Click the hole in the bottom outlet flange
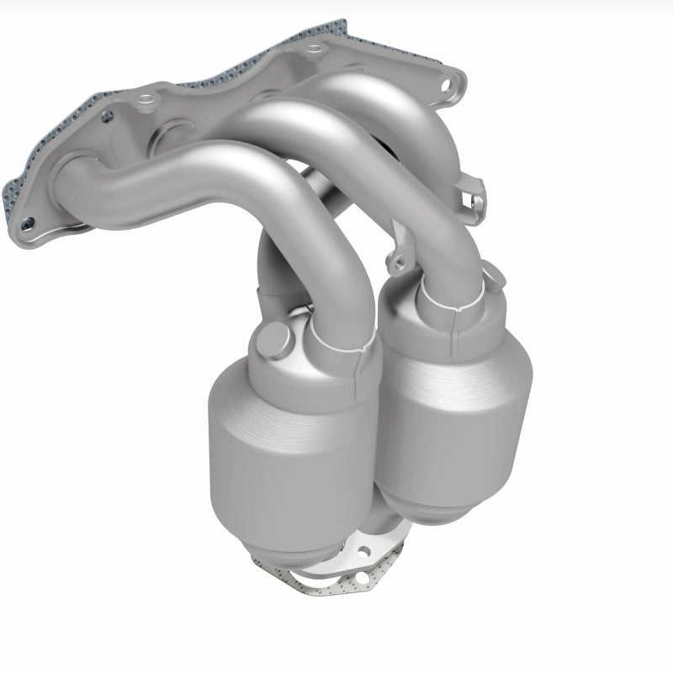(365, 552)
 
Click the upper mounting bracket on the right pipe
(474, 192)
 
